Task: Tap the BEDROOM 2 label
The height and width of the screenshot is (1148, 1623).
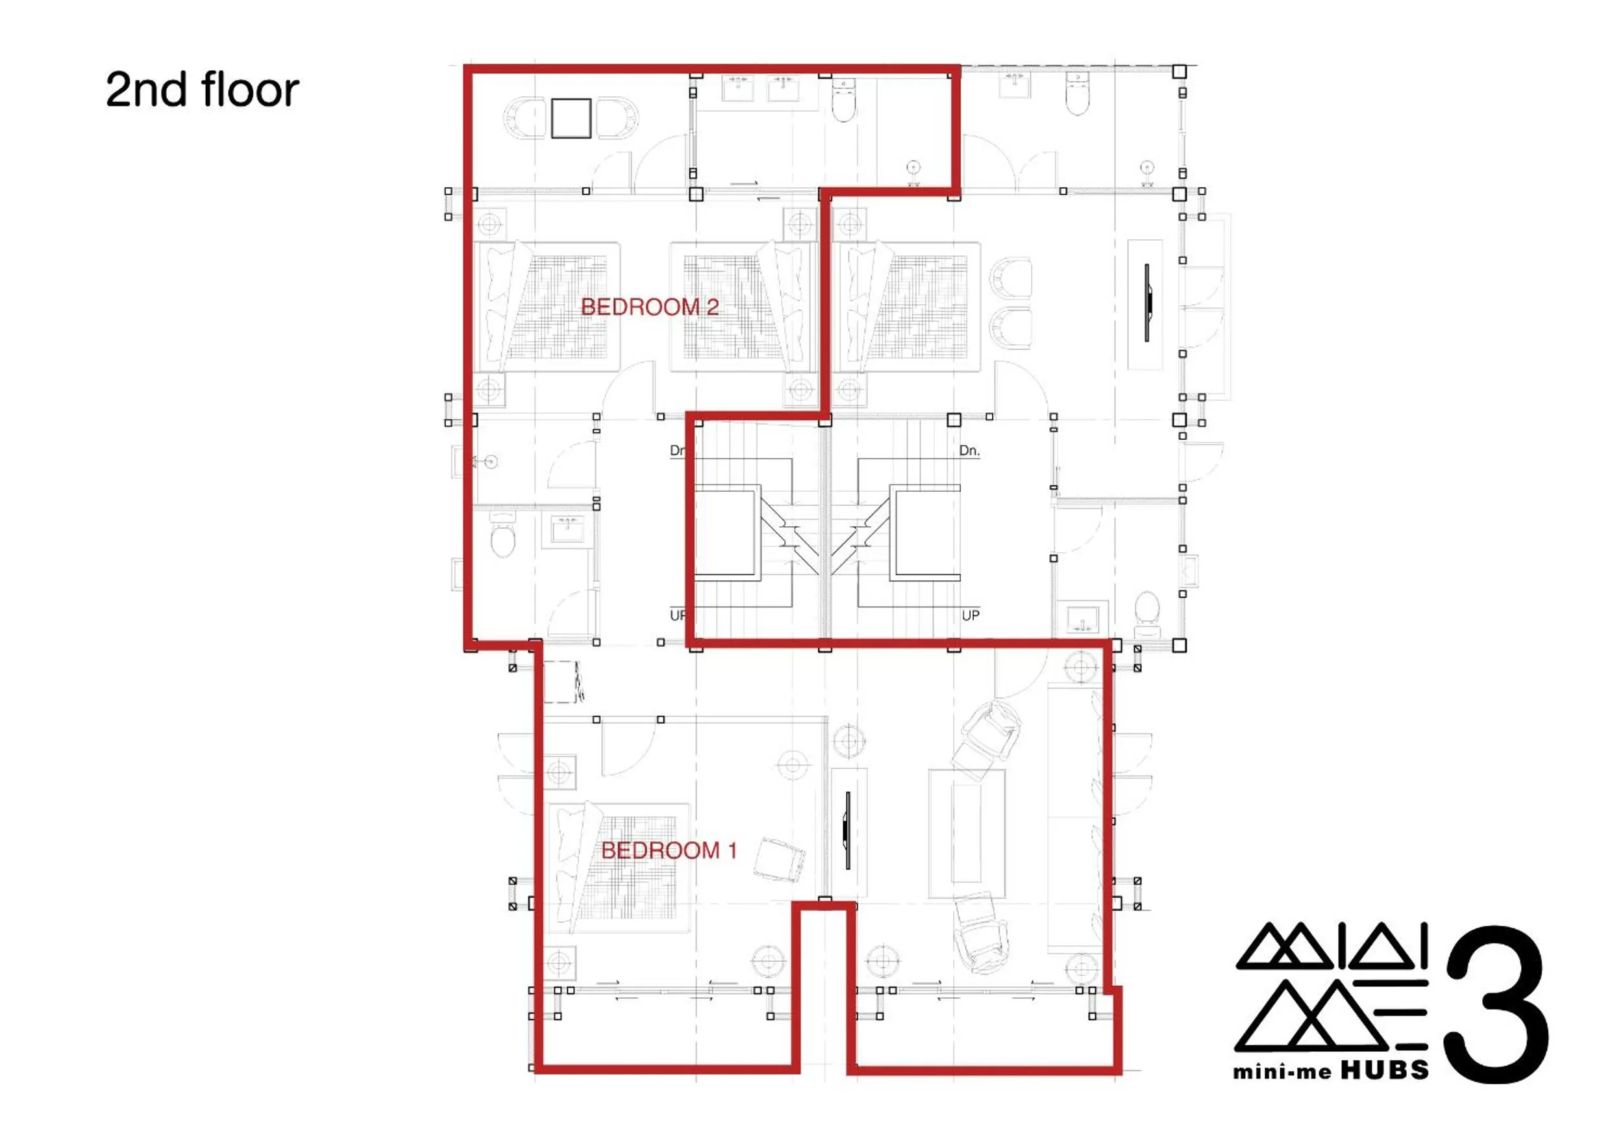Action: click(x=649, y=307)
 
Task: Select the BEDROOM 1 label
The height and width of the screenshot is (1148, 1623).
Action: click(x=668, y=850)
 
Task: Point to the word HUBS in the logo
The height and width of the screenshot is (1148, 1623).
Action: click(x=1384, y=1071)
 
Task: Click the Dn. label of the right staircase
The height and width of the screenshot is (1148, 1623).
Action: click(x=969, y=451)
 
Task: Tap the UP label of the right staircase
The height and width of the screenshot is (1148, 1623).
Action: click(x=970, y=615)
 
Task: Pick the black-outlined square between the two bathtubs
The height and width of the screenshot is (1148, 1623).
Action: click(x=571, y=118)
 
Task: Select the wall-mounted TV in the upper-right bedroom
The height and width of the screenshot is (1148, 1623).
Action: click(x=1146, y=303)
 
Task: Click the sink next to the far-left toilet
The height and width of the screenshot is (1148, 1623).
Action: click(x=567, y=528)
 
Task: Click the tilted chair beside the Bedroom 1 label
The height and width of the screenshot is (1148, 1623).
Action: click(x=780, y=859)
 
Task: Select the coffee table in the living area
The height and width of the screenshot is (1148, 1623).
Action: click(x=966, y=834)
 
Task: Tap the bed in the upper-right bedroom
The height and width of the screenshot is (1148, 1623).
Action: click(x=907, y=307)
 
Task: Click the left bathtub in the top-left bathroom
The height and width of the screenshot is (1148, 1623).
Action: click(x=524, y=118)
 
